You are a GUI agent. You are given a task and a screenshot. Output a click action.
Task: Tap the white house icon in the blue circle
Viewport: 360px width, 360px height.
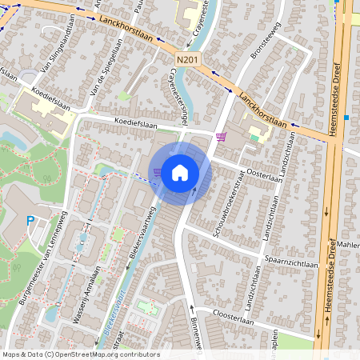(180, 172)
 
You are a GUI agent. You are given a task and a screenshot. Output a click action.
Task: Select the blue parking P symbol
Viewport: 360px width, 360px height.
(30, 221)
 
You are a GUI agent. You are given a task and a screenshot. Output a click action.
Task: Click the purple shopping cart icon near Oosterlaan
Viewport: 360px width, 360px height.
(221, 137)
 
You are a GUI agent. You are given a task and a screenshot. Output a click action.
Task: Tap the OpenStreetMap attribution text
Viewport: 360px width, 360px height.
(81, 354)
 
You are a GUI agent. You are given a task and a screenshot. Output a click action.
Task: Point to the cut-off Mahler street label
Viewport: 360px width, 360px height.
(349, 244)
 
